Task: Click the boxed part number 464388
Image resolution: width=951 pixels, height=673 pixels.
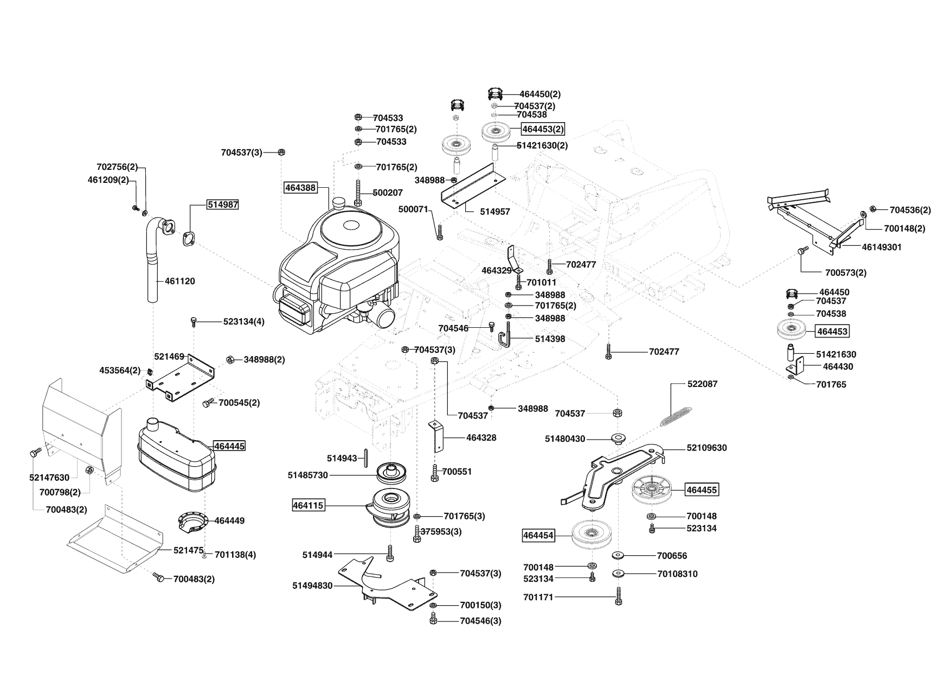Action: click(299, 188)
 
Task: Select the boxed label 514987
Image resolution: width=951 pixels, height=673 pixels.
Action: click(222, 205)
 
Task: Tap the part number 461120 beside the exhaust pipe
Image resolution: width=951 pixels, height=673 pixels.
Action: click(179, 281)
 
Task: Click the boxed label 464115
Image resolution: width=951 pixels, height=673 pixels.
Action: click(308, 505)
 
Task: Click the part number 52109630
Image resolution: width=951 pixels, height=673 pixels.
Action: click(706, 448)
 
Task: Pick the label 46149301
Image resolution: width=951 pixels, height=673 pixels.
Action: click(882, 247)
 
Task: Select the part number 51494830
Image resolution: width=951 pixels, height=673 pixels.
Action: click(312, 586)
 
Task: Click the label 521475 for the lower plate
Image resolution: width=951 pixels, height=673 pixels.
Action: click(188, 550)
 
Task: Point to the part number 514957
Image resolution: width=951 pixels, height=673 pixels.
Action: click(495, 212)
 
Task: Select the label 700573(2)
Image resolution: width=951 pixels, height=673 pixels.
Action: click(845, 273)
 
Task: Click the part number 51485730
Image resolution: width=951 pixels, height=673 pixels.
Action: click(307, 475)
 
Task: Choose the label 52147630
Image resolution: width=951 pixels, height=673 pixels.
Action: click(49, 478)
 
